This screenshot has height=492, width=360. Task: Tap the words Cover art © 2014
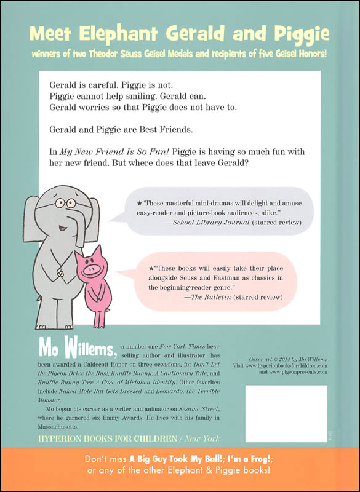257,357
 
